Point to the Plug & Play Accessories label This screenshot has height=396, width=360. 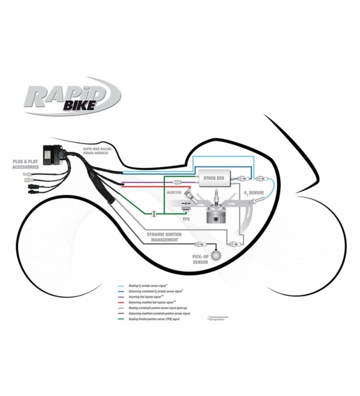26,164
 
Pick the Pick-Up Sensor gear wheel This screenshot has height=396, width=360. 216,255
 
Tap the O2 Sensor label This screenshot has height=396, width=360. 255,192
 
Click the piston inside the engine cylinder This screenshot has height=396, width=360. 217,218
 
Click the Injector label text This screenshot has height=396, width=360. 174,192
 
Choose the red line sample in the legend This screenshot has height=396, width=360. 121,302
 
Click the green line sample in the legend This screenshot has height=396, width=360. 121,319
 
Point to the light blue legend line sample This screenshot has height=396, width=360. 121,286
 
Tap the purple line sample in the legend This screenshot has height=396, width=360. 121,297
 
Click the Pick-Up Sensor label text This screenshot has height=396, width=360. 200,259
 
